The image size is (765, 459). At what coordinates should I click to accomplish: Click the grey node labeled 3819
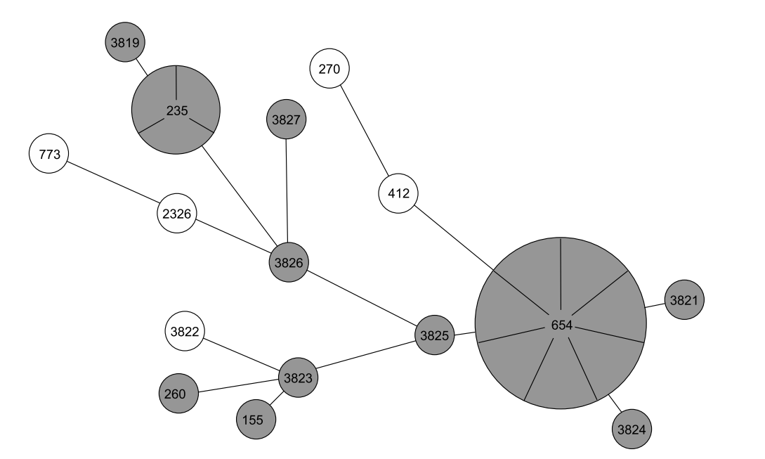pos(126,43)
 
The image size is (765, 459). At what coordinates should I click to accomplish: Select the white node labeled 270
pos(329,69)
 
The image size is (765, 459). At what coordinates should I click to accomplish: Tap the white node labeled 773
pos(48,155)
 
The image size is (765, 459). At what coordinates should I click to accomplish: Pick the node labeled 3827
pos(285,120)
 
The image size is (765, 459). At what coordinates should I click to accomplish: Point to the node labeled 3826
pos(289,264)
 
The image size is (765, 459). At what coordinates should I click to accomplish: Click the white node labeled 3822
pos(185,331)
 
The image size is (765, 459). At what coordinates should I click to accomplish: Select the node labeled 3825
pos(434,335)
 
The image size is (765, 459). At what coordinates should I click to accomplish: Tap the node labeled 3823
pos(298,377)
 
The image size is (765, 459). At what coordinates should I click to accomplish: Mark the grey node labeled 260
pos(178,394)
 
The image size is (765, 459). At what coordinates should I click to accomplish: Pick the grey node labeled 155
pos(256,420)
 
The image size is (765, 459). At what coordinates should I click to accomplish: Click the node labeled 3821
pos(684,300)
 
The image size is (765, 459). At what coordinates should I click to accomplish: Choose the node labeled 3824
pos(632,427)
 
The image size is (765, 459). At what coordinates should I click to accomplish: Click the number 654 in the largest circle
pos(561,325)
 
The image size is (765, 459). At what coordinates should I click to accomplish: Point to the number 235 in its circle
pos(176,110)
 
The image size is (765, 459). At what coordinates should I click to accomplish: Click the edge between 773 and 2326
pos(112,184)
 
